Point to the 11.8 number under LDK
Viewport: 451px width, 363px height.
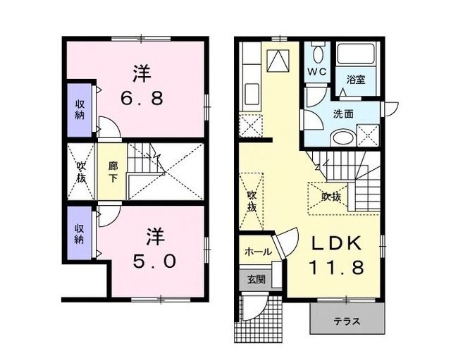(x=335, y=268)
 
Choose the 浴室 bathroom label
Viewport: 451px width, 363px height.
(x=355, y=81)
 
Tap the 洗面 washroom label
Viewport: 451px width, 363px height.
(x=343, y=113)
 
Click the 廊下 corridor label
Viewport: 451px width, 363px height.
(x=113, y=172)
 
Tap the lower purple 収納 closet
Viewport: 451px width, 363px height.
(x=81, y=232)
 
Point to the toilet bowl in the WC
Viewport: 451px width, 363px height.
(x=316, y=56)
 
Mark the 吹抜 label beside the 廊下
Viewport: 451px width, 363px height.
(x=81, y=172)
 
